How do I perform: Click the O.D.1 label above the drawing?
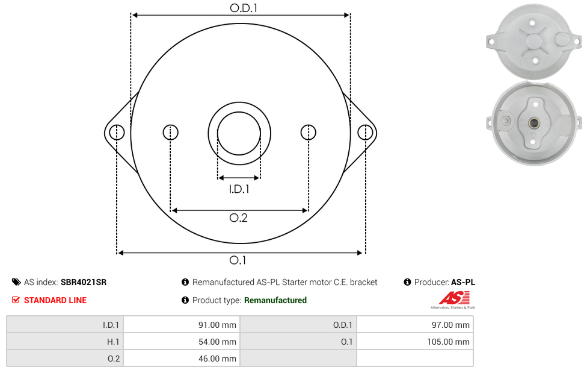tap(244, 8)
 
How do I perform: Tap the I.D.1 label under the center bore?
tap(239, 189)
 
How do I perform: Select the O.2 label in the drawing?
tap(238, 218)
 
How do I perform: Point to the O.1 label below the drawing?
tap(238, 260)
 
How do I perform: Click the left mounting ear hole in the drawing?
tap(117, 133)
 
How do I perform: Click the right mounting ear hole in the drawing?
tap(365, 133)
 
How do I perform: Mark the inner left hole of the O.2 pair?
tap(171, 133)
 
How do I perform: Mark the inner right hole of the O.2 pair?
tap(309, 133)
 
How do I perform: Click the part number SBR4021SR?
tap(84, 282)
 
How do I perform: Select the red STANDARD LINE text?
tap(55, 300)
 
